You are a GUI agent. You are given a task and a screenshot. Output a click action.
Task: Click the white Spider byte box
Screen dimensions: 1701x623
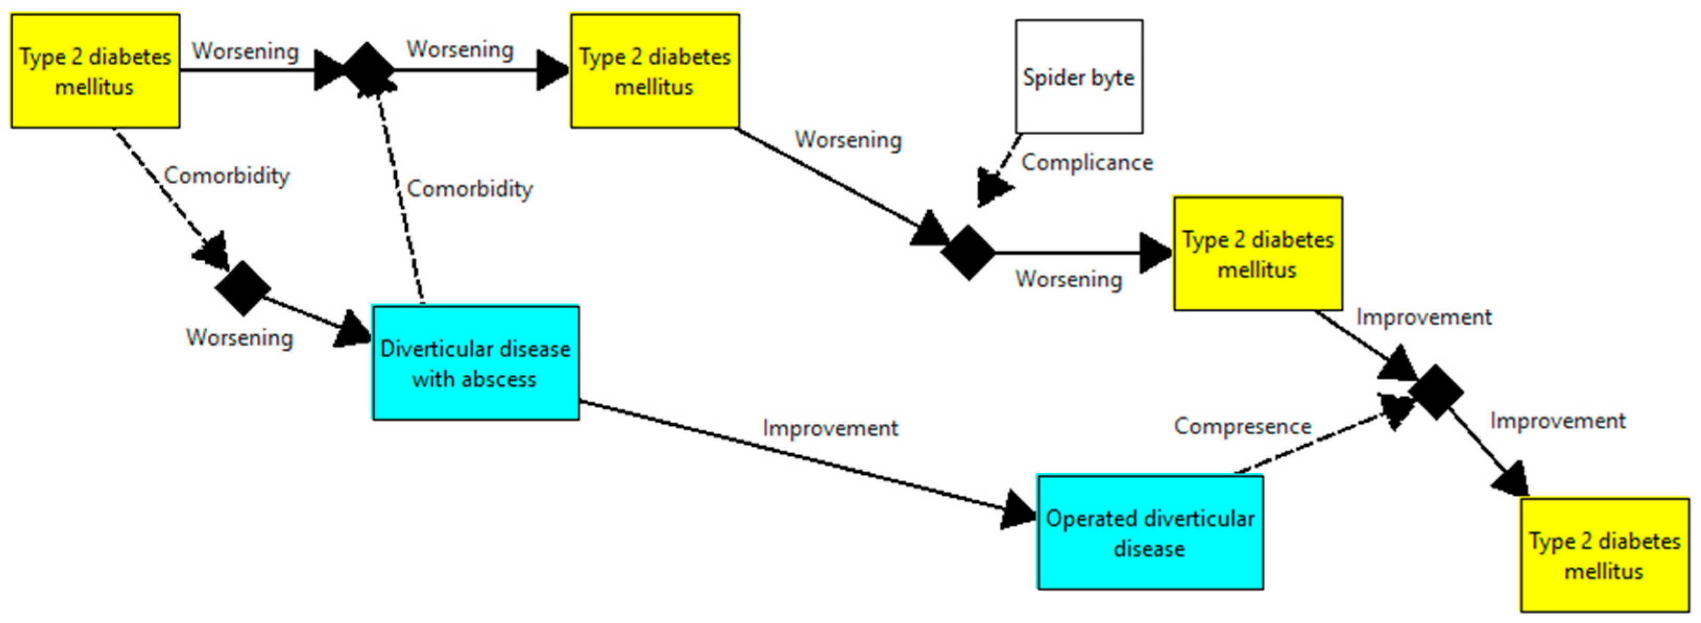tap(1079, 77)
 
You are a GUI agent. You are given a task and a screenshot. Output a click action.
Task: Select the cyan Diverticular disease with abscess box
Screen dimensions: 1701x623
tap(476, 362)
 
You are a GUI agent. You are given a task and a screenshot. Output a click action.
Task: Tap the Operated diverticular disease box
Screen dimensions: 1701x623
tap(1150, 532)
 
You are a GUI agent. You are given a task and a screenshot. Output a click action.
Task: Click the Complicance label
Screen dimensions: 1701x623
tap(1087, 162)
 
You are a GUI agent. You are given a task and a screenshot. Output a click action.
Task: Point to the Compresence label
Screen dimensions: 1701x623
tap(1242, 426)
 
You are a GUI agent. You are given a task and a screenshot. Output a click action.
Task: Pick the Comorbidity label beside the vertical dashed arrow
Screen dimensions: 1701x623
tap(469, 189)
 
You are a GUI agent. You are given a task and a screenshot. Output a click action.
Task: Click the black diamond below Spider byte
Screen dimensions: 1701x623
tap(968, 252)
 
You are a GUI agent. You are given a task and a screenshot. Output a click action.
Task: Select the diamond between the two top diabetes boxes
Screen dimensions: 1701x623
tap(367, 70)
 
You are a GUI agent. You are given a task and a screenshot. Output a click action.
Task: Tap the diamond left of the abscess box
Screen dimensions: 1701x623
tap(243, 288)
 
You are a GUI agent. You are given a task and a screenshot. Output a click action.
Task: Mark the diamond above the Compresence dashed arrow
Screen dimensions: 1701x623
tap(1436, 392)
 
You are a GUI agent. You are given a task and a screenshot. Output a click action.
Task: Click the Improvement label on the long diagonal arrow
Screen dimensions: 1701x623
tap(830, 429)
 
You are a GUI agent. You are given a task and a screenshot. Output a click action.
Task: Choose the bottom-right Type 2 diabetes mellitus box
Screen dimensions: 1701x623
tap(1605, 555)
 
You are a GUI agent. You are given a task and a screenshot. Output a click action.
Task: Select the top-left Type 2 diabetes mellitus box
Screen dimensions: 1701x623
tap(95, 70)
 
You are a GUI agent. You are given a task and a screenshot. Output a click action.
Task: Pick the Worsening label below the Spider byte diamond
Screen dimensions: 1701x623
tap(1068, 279)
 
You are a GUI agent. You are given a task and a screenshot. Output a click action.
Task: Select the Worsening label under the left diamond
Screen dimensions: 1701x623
tap(240, 337)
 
